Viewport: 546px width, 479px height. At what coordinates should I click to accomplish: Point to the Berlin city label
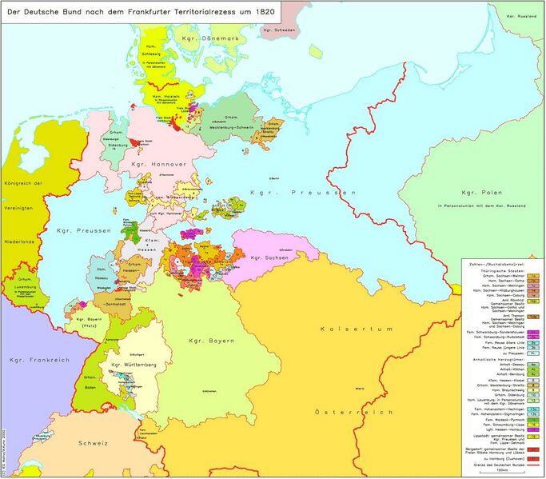(276, 177)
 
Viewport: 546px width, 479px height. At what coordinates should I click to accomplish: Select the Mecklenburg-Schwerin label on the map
(240, 126)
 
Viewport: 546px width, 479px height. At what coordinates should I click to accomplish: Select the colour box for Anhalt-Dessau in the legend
(532, 363)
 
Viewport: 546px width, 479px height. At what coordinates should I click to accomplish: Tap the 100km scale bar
(501, 469)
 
